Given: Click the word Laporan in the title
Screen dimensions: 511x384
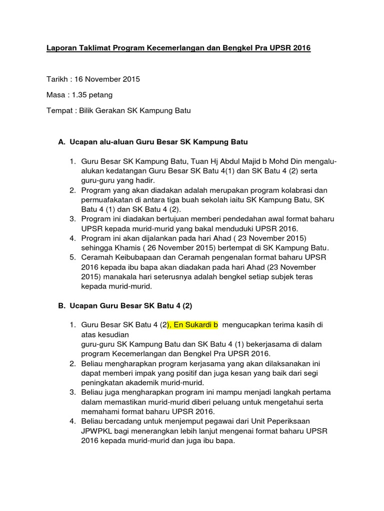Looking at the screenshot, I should click(61, 48).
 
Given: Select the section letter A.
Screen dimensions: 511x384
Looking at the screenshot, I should click(62, 142).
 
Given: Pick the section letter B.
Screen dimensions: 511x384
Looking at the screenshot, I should click(62, 305).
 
